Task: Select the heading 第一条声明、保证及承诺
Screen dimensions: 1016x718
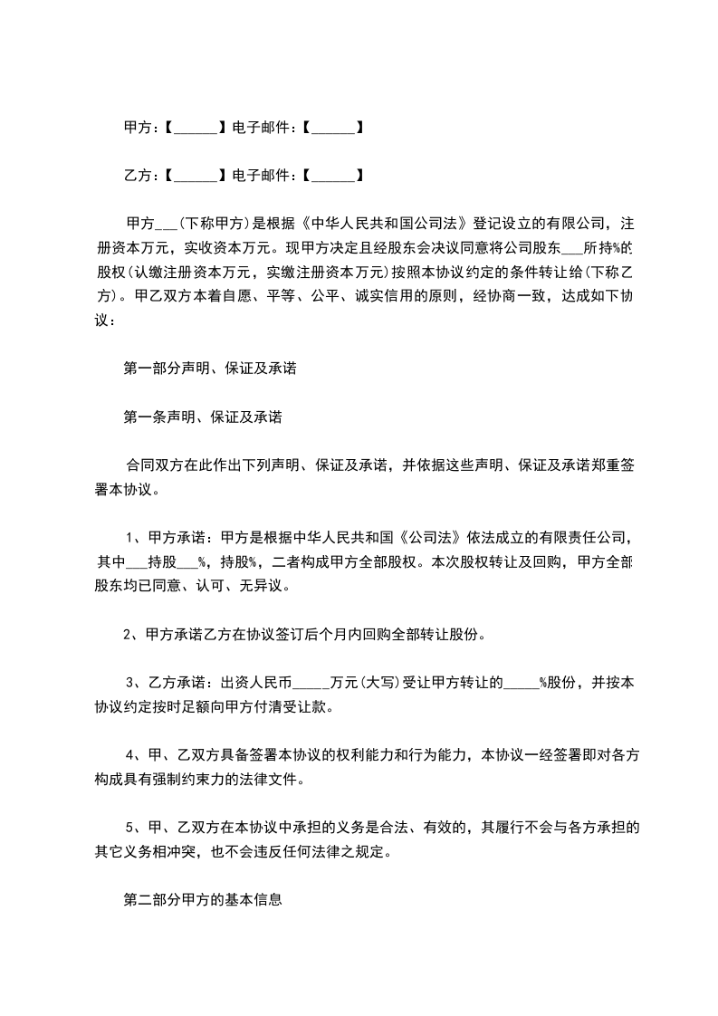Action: click(x=202, y=417)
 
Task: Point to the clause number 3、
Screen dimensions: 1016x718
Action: click(x=133, y=683)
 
